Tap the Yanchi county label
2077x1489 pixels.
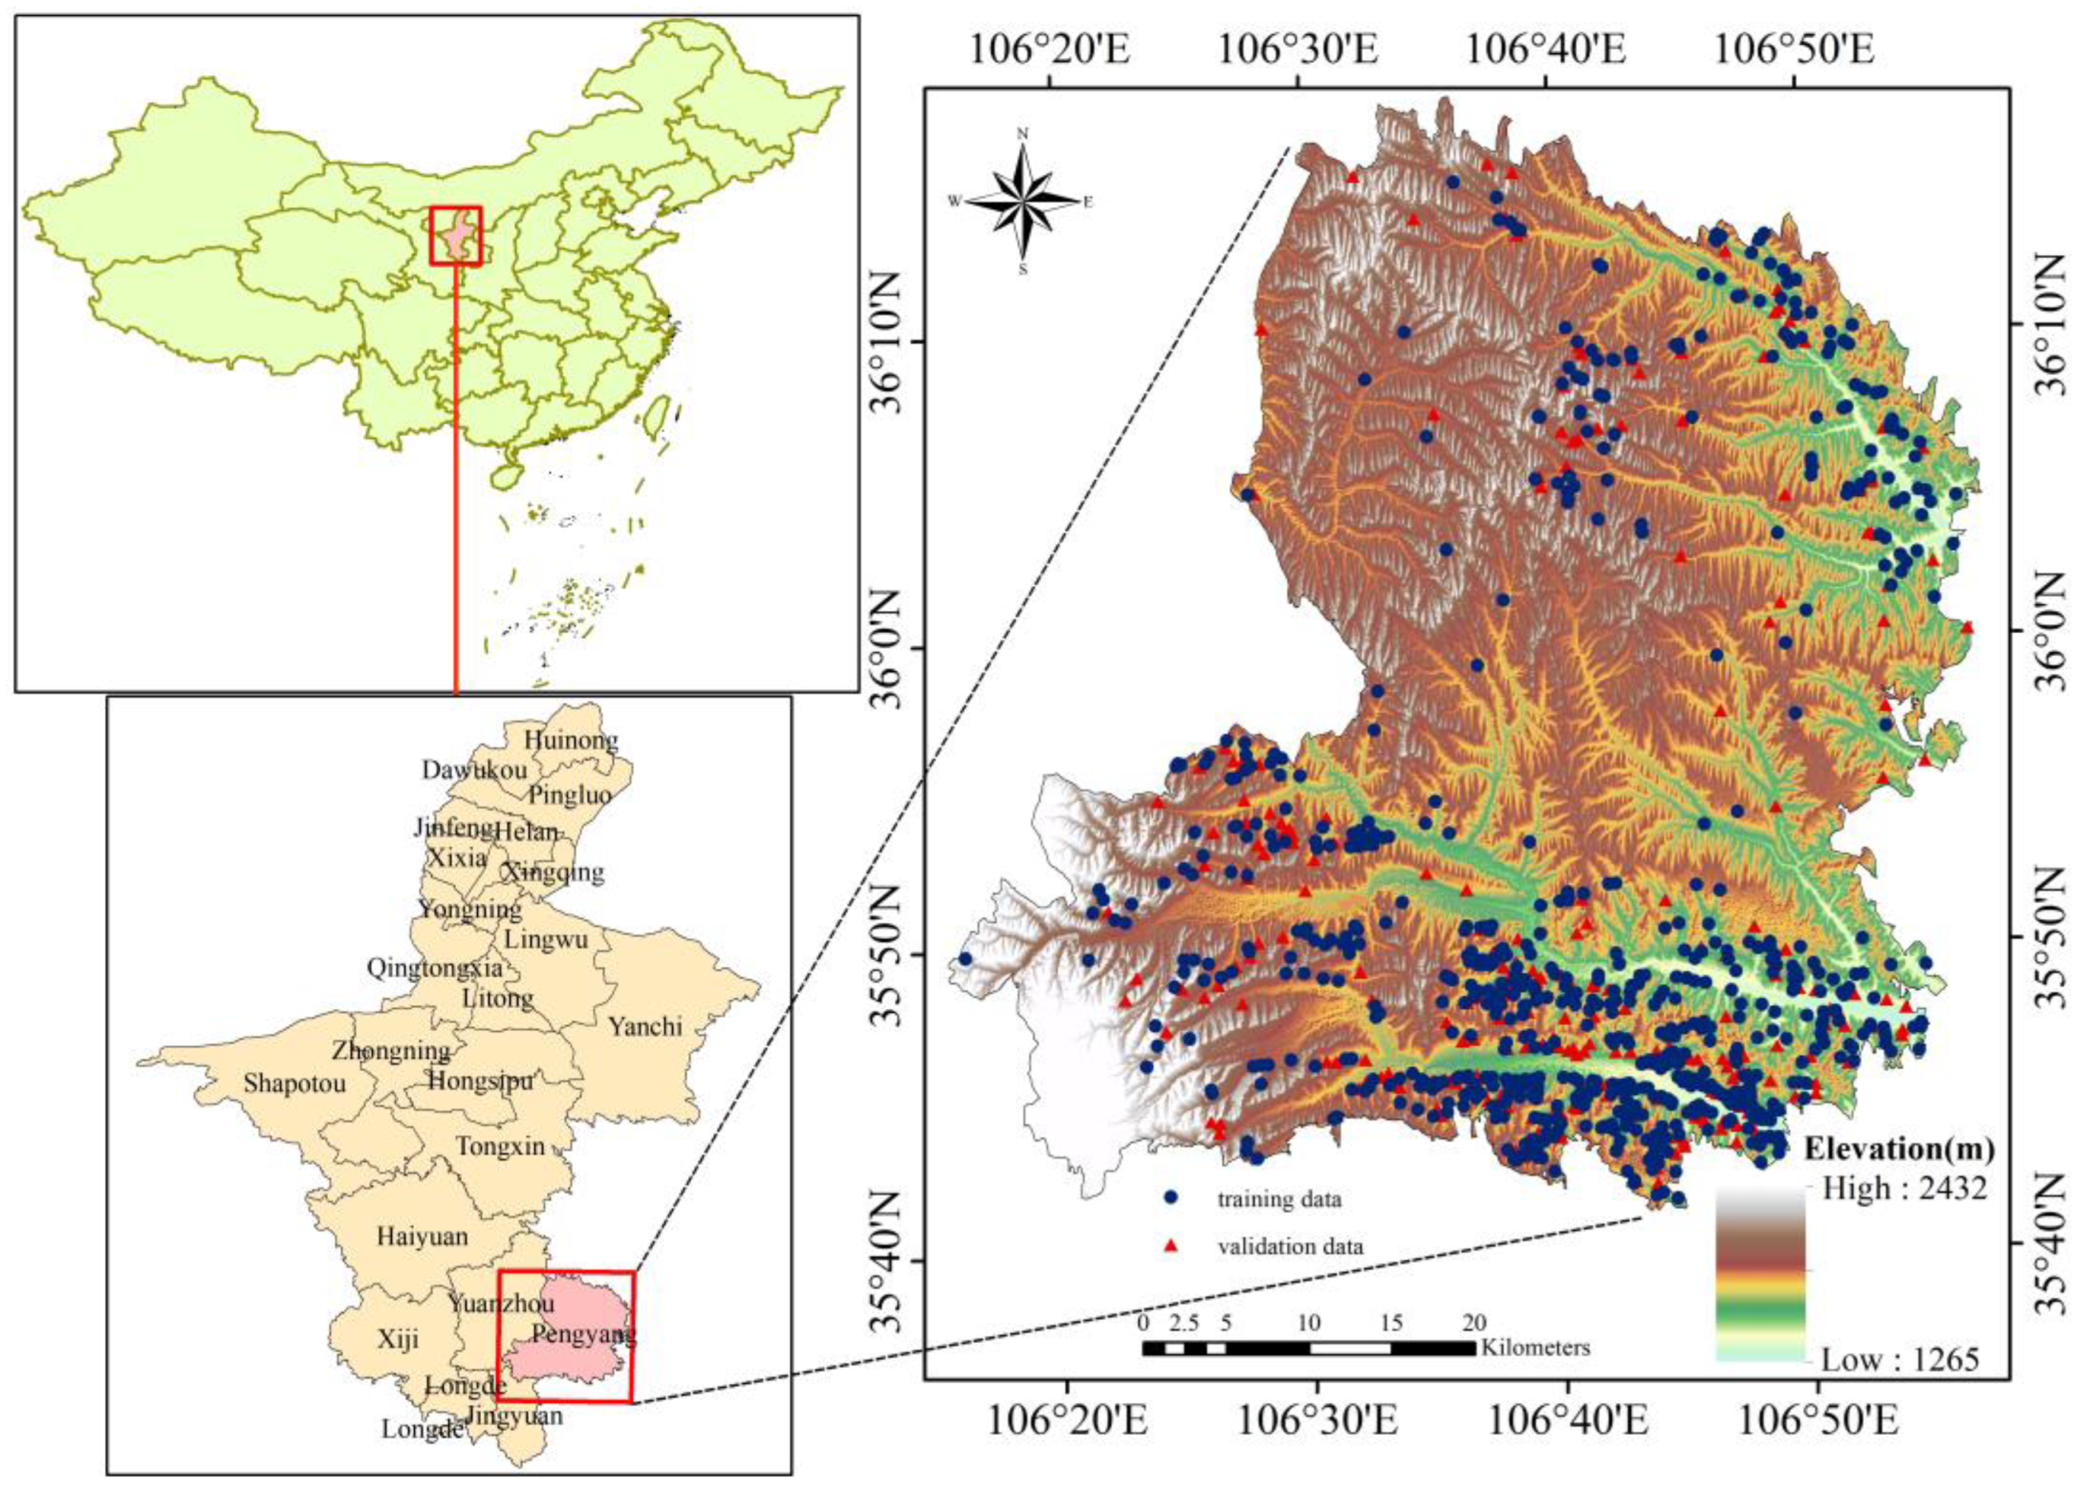646,1026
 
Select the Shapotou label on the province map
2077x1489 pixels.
295,1084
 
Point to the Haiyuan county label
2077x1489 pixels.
422,1237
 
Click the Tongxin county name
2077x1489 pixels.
500,1146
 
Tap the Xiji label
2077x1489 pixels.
398,1339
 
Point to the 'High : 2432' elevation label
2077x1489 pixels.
1904,1189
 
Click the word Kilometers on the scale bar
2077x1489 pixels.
1535,1348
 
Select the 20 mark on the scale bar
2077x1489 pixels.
1474,1323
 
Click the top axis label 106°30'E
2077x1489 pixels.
1299,50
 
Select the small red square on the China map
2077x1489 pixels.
456,236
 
